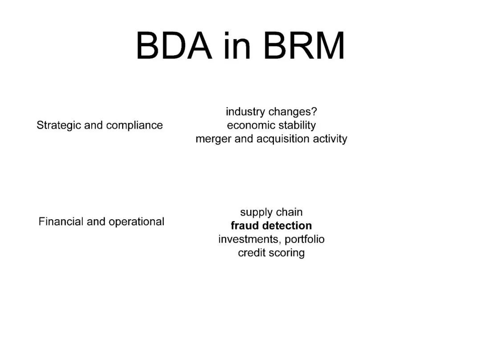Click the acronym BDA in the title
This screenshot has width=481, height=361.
click(174, 46)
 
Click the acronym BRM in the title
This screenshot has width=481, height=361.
click(305, 46)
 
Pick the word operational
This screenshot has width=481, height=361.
click(136, 222)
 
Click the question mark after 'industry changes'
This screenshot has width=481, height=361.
click(314, 111)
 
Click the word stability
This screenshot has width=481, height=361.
click(297, 125)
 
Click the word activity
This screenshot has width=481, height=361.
click(330, 139)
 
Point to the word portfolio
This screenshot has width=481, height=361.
click(305, 239)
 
